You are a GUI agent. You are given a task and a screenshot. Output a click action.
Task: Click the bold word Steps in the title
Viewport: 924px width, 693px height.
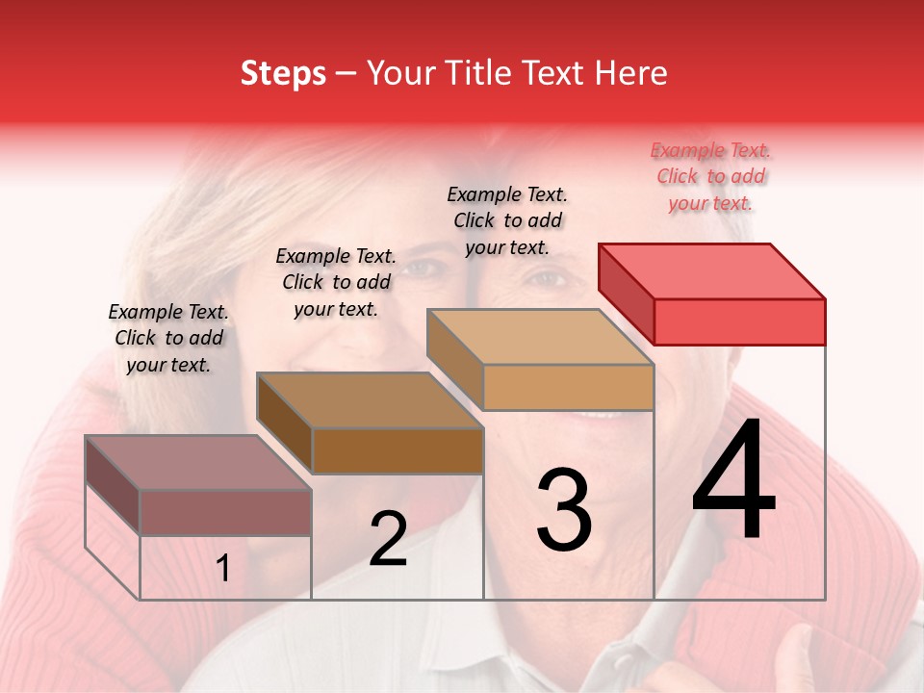[283, 73]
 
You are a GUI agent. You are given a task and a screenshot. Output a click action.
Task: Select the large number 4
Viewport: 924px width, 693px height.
[733, 480]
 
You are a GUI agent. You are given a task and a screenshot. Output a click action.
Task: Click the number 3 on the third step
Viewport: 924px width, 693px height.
[564, 510]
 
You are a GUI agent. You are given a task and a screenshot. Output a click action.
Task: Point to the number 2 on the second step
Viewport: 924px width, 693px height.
[388, 539]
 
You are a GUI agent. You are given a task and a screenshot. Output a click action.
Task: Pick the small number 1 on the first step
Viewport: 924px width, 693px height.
[223, 569]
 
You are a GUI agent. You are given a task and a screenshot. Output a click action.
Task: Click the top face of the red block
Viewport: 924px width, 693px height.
[712, 270]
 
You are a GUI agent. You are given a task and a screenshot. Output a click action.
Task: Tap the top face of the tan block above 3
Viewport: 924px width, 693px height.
[541, 337]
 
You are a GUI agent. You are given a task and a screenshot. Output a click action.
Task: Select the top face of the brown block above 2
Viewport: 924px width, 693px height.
[370, 400]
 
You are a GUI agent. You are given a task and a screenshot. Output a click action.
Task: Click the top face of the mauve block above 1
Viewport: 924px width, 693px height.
[198, 463]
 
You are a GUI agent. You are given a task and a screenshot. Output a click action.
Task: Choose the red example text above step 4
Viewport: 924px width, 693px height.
[711, 177]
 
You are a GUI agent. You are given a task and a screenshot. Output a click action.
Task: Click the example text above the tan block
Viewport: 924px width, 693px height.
[507, 220]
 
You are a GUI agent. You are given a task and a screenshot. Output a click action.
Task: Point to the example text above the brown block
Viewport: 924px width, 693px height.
[336, 282]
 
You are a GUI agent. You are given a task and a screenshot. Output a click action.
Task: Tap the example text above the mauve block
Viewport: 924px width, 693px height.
[168, 338]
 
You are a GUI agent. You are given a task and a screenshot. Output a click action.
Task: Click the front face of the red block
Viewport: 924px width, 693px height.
[739, 321]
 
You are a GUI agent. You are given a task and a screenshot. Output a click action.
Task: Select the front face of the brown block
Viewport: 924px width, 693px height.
[398, 450]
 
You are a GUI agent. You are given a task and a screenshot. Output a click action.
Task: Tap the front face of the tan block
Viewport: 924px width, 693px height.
[568, 387]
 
